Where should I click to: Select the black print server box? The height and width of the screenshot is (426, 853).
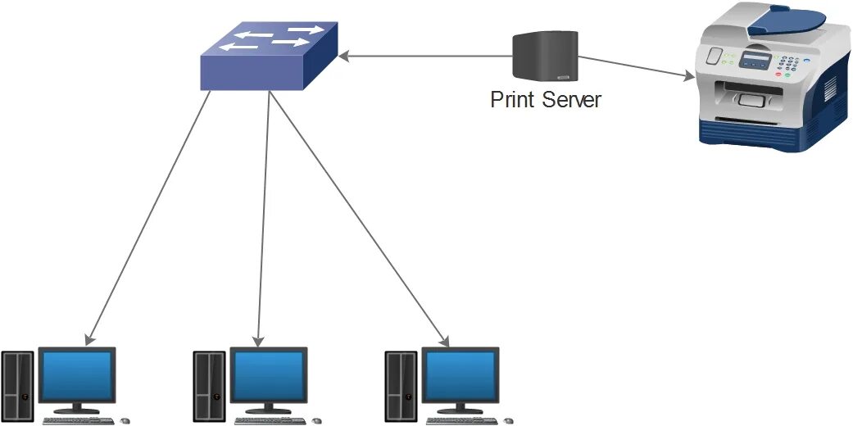545,57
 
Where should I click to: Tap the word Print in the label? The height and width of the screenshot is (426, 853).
513,100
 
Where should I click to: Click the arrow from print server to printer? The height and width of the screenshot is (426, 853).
636,68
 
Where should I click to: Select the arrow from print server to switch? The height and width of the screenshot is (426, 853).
426,57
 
